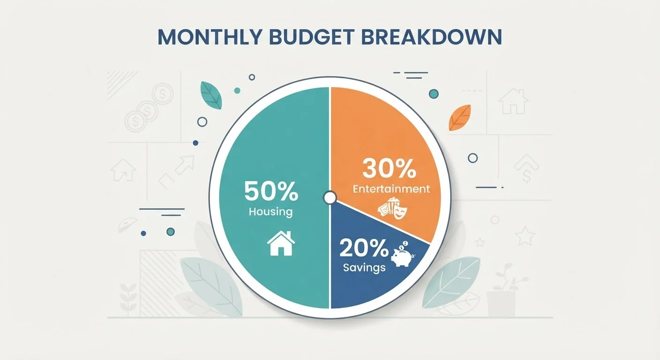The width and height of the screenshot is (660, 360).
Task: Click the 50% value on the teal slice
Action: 271,192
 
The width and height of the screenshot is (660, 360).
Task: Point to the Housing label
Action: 271,212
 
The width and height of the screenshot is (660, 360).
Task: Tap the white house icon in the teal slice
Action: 281,243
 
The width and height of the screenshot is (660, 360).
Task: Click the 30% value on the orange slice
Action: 389,168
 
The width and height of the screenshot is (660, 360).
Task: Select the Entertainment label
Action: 391,189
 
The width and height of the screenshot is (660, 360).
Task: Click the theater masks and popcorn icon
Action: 392,209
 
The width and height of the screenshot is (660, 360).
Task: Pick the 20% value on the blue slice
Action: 364,248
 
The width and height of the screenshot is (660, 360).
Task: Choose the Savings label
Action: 365,268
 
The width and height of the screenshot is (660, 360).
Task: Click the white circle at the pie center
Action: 330,198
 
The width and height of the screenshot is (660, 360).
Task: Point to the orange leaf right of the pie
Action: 460,118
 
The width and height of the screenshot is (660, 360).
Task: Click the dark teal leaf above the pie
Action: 211,95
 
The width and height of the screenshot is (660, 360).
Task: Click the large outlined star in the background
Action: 525,236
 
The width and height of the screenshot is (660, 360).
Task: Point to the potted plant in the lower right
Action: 504,290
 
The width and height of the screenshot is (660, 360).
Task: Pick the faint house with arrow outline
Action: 123,170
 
